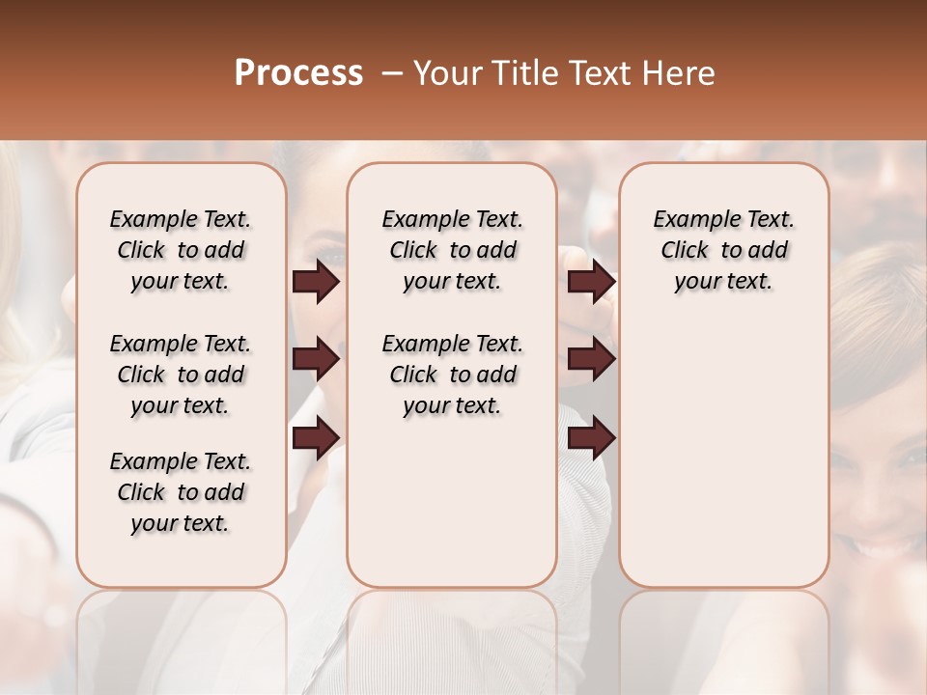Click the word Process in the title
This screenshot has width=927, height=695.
point(298,73)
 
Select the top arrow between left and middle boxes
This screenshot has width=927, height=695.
point(316,282)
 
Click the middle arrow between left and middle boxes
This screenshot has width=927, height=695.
point(316,360)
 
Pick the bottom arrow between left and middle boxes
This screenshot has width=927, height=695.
point(316,437)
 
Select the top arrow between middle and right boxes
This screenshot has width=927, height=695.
point(591,282)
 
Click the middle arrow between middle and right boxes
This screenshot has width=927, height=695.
point(591,360)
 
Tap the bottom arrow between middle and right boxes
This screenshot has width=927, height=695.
point(591,437)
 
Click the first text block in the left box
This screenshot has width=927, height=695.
point(181,250)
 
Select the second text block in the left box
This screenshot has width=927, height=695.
point(181,375)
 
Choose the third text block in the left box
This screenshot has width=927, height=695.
point(181,492)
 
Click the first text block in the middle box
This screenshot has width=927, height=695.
point(452,250)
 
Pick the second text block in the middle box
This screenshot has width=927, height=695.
point(452,375)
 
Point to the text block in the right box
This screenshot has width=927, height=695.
point(723,250)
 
